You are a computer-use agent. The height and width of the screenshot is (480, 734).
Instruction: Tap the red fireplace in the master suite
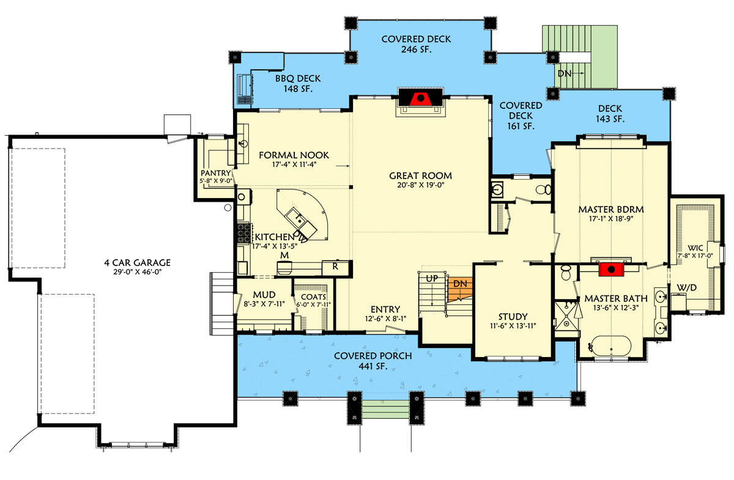point(609,268)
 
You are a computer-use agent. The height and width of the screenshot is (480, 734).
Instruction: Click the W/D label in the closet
point(684,287)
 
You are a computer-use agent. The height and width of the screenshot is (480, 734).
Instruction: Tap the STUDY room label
point(513,317)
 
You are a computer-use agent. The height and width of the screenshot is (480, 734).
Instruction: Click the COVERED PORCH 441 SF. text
point(373,361)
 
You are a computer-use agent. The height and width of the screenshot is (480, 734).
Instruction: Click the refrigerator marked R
point(335,267)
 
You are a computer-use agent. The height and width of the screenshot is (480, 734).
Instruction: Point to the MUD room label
point(264,294)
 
